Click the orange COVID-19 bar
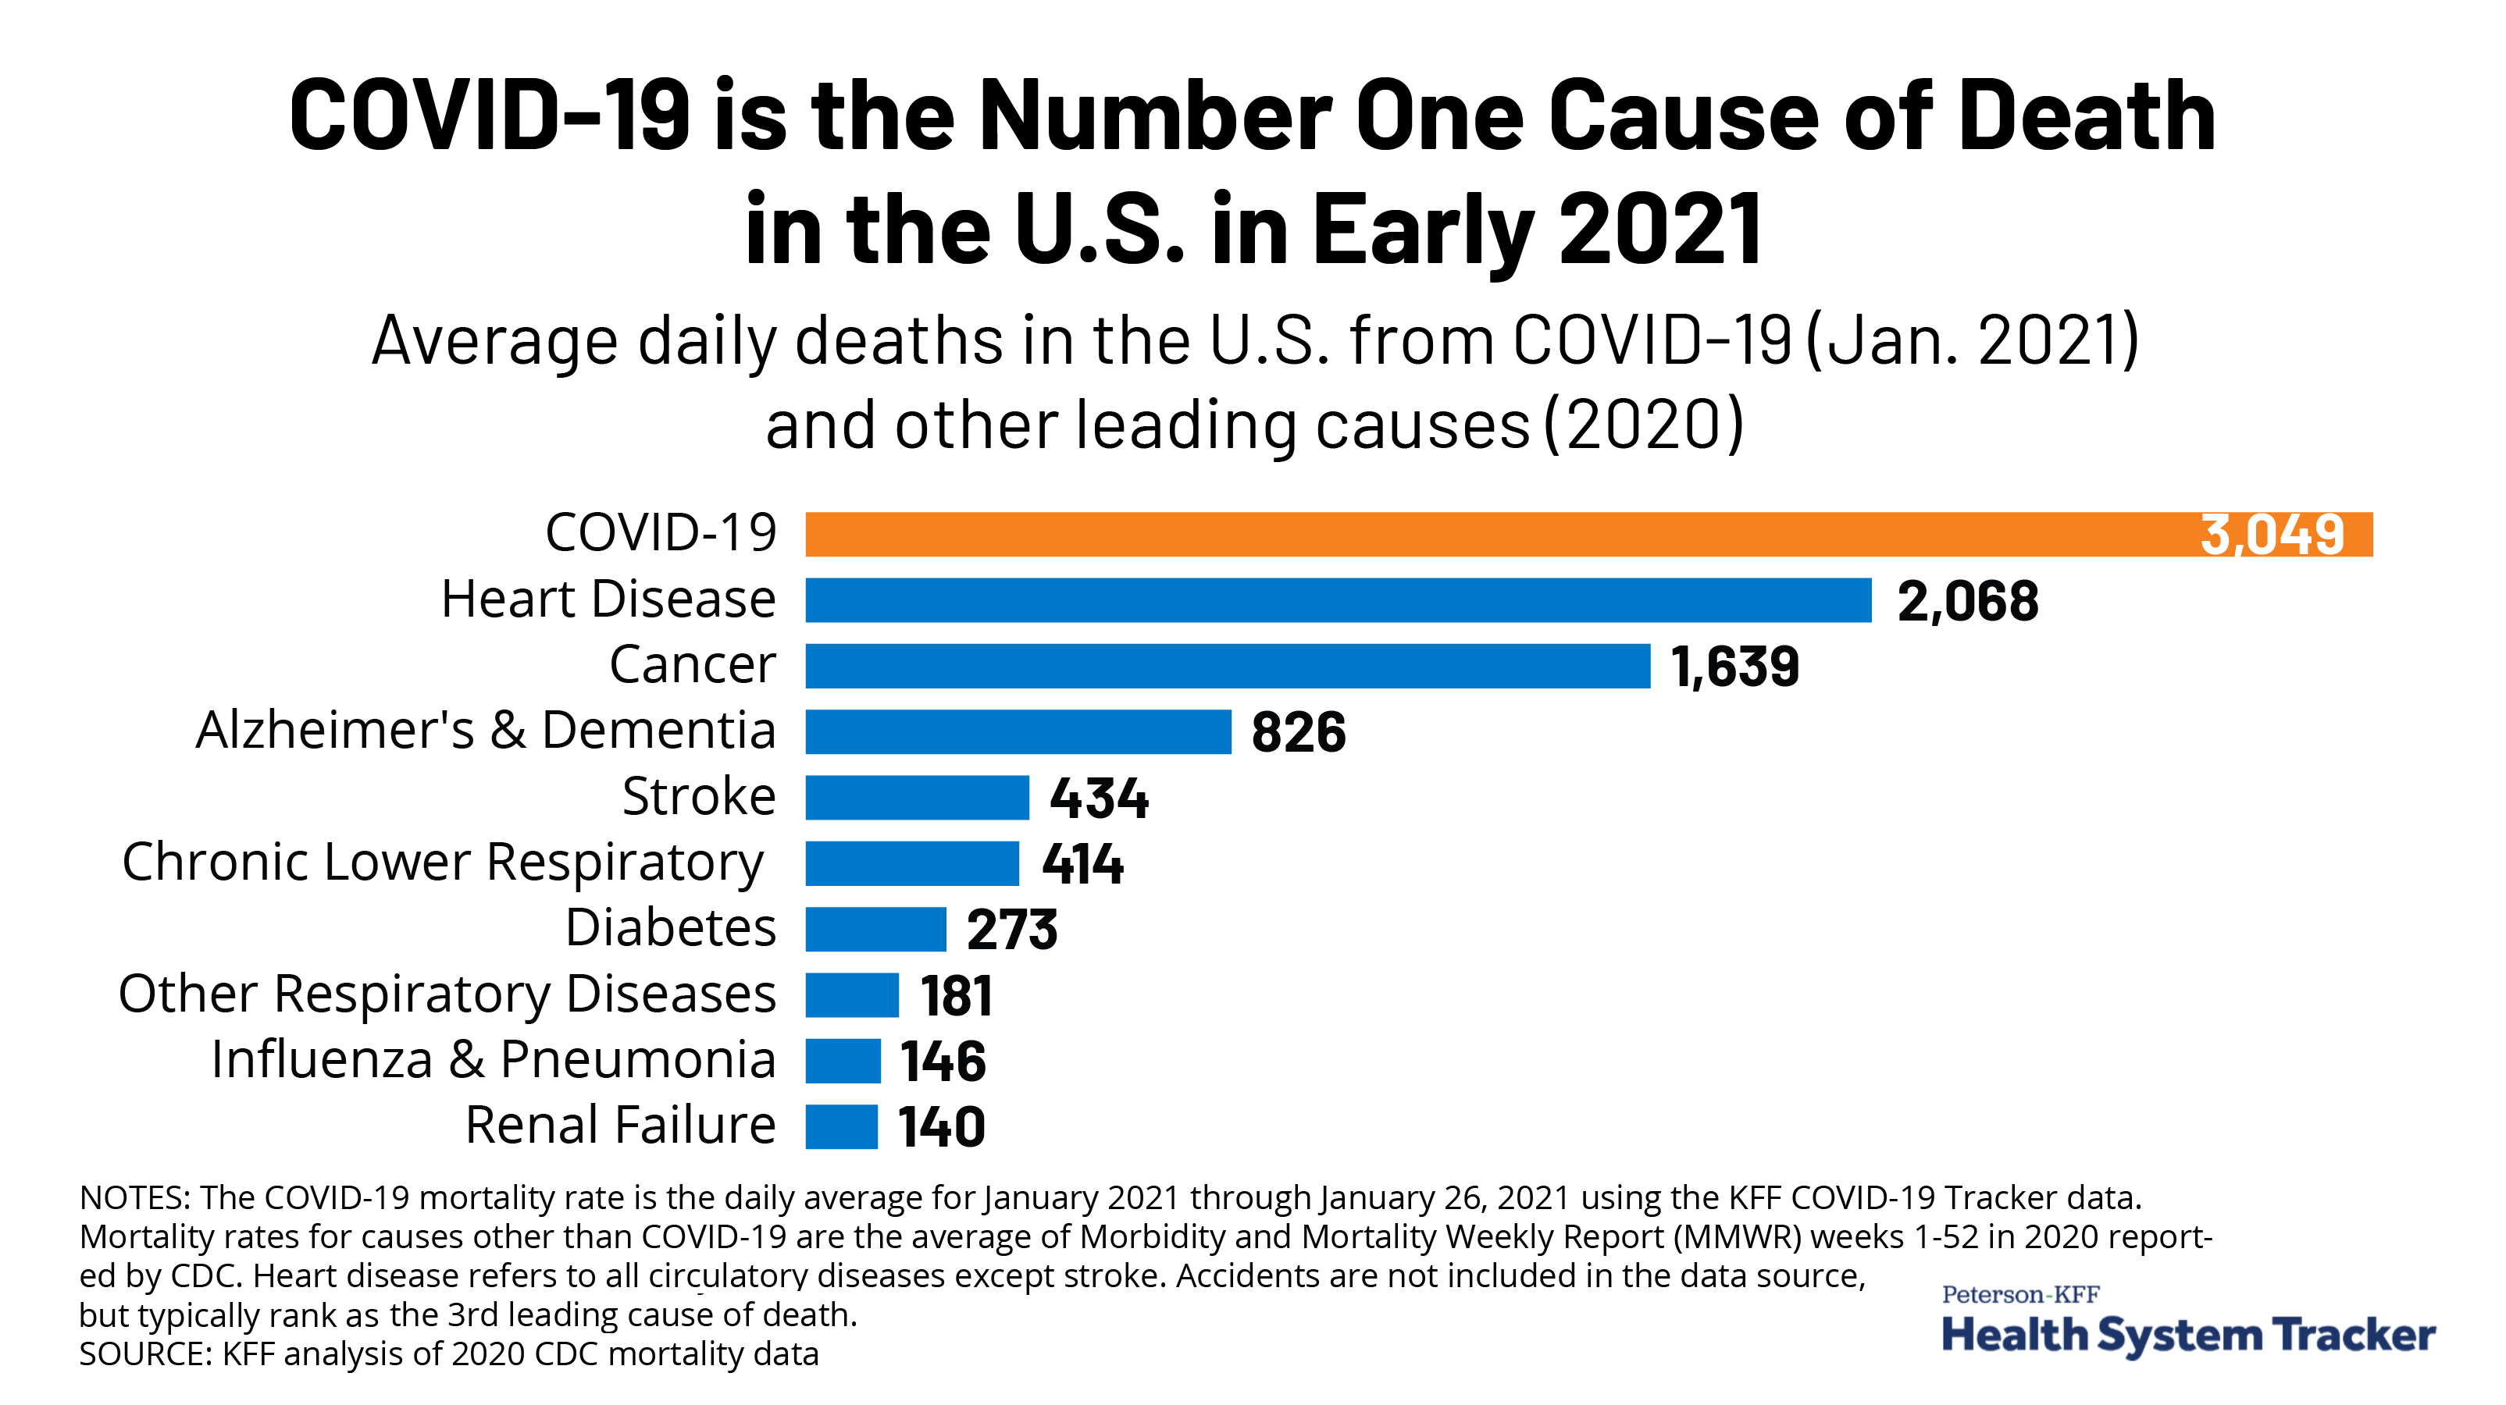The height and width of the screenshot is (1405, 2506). [x=1460, y=535]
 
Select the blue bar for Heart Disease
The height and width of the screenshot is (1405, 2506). [x=1338, y=600]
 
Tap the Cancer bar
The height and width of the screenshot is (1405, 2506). [x=1228, y=666]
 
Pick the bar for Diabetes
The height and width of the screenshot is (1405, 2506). [x=875, y=930]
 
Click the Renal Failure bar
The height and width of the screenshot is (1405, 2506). [x=842, y=1127]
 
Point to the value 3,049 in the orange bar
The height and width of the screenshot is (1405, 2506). [x=2273, y=535]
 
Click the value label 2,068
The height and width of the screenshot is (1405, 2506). [x=1967, y=601]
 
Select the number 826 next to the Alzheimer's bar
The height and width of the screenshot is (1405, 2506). [x=1298, y=732]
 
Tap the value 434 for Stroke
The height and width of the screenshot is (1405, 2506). [x=1098, y=799]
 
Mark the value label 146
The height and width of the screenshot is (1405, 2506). [x=943, y=1061]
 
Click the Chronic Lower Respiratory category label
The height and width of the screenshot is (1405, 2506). [x=443, y=863]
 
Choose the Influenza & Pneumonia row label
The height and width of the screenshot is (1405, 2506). [x=494, y=1059]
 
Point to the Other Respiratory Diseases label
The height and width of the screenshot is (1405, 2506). [x=447, y=994]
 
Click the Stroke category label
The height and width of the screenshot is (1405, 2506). [x=698, y=796]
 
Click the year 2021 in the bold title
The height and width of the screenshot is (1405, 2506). [x=1659, y=229]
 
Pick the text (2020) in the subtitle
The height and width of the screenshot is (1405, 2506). [x=1644, y=425]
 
